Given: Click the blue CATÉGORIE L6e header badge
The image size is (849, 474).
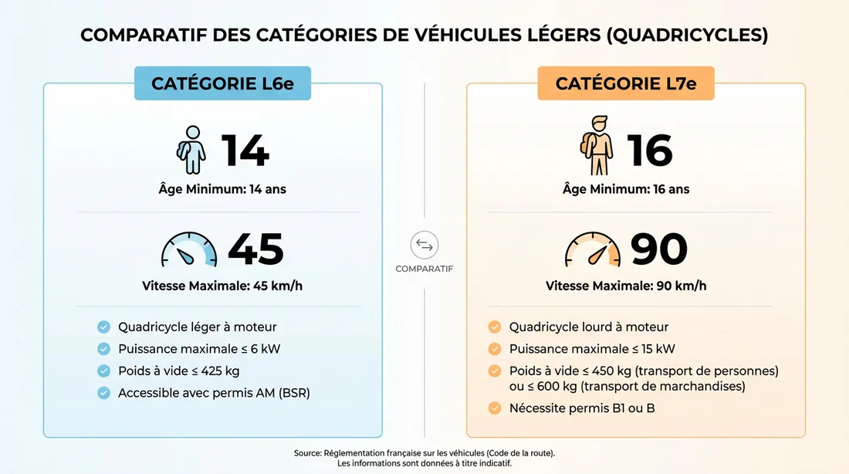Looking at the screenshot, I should (x=222, y=83).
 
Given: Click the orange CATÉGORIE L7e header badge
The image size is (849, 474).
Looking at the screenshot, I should (x=626, y=83).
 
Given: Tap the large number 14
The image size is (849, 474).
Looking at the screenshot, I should (x=245, y=151).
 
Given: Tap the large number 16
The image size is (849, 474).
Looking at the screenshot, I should (x=650, y=151).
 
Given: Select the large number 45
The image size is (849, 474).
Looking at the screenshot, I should (x=255, y=249).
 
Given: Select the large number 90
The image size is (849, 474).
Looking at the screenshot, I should (x=659, y=249).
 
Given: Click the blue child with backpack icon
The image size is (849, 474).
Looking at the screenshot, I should (x=191, y=150).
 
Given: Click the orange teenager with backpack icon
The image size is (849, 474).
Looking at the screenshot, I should (x=596, y=145).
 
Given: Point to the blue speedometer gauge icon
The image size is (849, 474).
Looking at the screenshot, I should (x=189, y=250).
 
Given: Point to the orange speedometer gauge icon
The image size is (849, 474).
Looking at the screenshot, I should (x=593, y=250).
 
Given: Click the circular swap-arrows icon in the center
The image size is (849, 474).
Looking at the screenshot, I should (x=424, y=245).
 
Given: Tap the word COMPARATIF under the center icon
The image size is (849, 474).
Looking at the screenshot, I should (x=424, y=269).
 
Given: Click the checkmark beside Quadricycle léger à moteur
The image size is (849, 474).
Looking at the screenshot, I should (x=103, y=327).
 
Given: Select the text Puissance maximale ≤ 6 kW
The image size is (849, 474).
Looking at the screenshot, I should (x=199, y=349).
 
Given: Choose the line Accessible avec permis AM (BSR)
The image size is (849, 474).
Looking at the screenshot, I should (x=214, y=393).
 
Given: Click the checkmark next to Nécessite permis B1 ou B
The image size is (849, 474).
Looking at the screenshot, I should (x=495, y=408).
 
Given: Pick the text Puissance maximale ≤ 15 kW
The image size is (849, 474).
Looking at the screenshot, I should (x=592, y=349).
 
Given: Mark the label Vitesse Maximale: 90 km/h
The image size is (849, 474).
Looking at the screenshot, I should (x=626, y=286).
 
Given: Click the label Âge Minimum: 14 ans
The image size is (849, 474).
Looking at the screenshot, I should (x=222, y=189).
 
